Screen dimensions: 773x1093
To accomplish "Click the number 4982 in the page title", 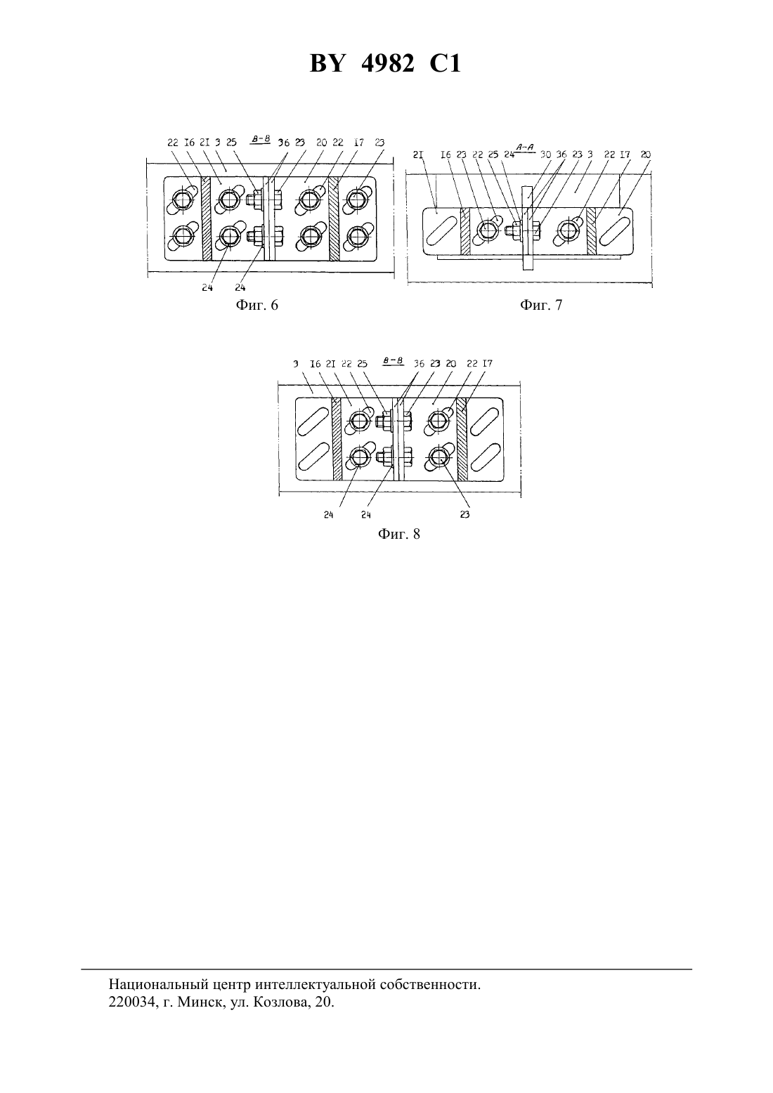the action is click(x=387, y=63).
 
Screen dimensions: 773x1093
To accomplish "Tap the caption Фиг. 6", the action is click(x=256, y=305).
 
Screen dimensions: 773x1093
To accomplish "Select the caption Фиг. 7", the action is click(x=540, y=305).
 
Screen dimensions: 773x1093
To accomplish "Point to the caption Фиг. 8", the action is click(x=398, y=534).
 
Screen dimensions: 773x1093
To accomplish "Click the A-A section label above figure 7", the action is click(x=525, y=147).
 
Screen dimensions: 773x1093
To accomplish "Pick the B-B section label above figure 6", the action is click(x=261, y=139).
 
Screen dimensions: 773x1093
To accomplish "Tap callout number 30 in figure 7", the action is click(x=545, y=155).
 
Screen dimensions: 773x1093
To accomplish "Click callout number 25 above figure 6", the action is click(x=231, y=143).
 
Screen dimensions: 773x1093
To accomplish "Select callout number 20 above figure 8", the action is click(x=451, y=364).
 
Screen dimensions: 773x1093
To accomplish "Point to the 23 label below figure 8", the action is click(x=465, y=514).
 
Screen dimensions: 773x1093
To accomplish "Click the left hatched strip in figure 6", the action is click(x=207, y=218).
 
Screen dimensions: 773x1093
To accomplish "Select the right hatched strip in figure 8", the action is click(x=462, y=438).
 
